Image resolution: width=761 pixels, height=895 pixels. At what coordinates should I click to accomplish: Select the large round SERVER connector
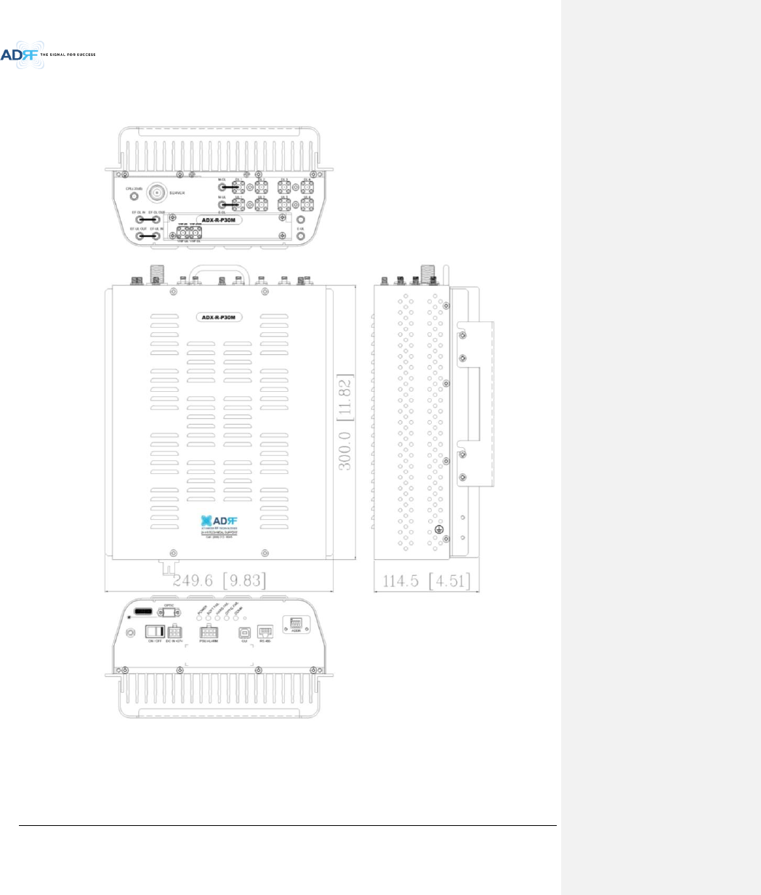click(x=155, y=193)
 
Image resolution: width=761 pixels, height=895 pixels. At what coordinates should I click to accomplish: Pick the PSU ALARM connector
click(x=209, y=632)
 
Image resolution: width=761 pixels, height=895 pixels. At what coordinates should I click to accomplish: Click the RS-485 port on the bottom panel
click(x=265, y=632)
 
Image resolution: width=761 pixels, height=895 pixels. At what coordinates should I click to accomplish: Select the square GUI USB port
click(x=244, y=632)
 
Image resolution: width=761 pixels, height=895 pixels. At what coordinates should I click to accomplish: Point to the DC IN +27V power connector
click(x=174, y=632)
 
